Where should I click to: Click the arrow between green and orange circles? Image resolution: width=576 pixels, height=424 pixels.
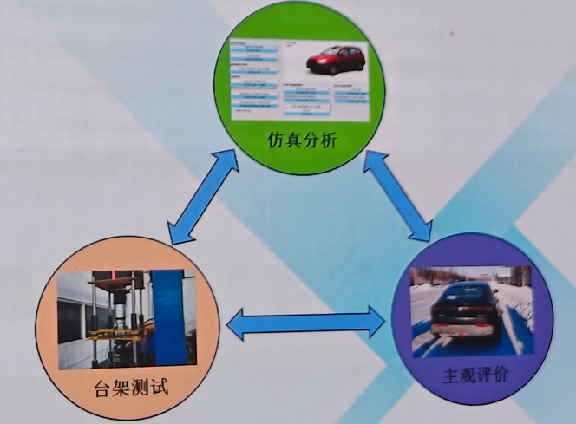(x=203, y=196)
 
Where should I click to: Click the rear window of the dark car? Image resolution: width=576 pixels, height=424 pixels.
(x=465, y=296)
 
